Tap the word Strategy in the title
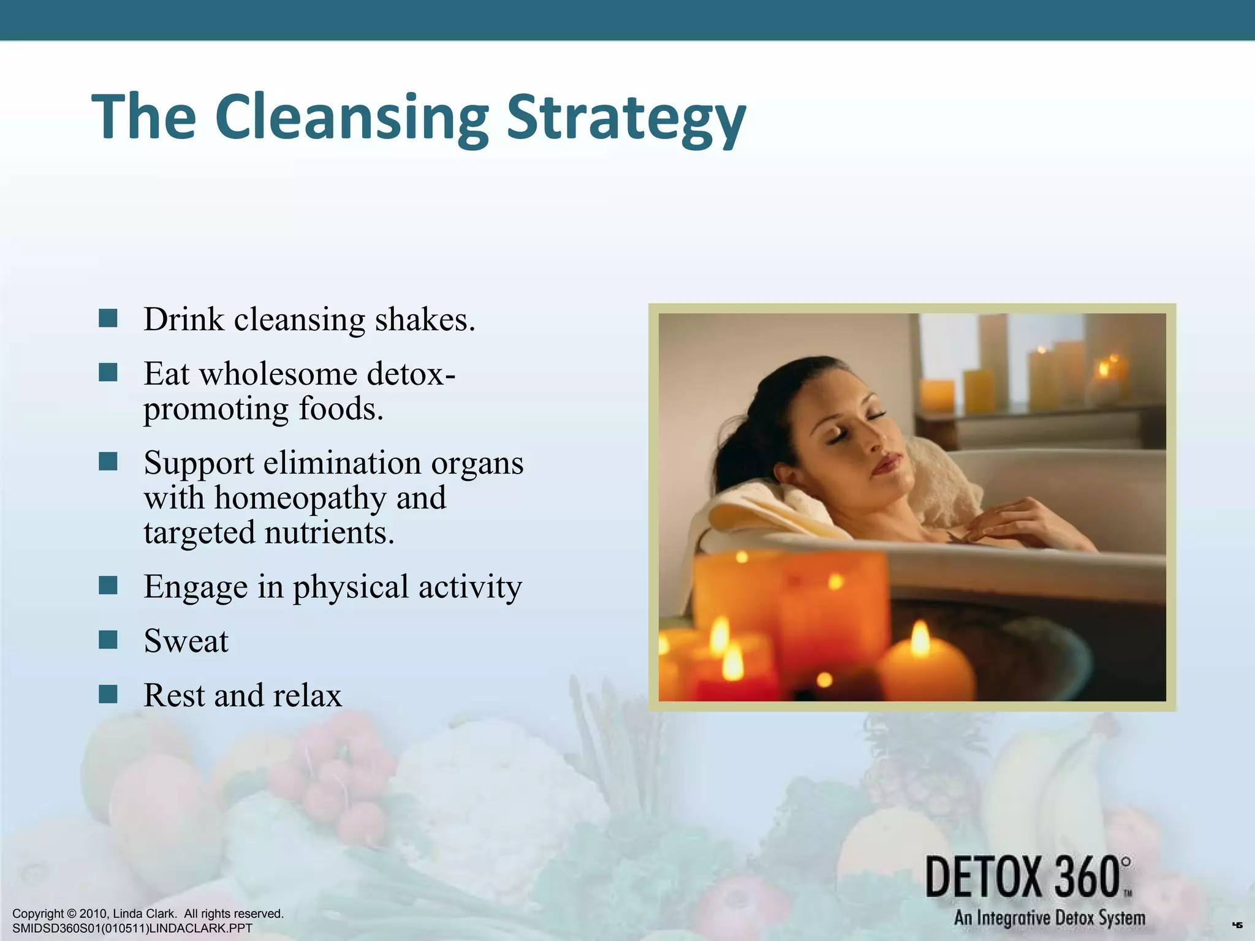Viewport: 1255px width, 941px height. (x=626, y=118)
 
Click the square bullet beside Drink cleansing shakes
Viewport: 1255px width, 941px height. (x=108, y=319)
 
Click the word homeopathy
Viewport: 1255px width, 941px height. (x=300, y=498)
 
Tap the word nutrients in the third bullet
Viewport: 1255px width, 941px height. (x=329, y=532)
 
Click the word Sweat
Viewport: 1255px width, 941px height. (x=186, y=641)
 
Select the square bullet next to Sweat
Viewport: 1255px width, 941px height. (x=108, y=640)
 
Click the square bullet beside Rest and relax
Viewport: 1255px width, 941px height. (x=108, y=694)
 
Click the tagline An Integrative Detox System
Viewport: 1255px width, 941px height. (x=1049, y=918)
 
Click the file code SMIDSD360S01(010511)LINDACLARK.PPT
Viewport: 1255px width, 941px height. (x=132, y=928)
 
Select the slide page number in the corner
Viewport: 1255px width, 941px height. (x=1237, y=925)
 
